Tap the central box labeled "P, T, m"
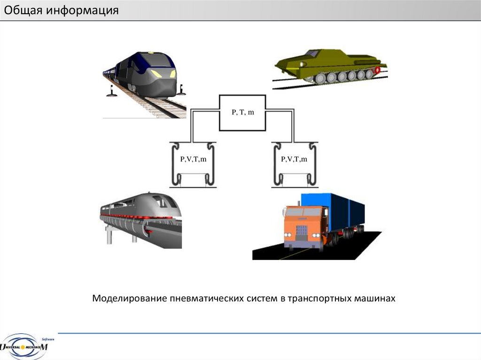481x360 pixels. tap(242, 113)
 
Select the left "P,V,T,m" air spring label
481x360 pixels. tap(193, 160)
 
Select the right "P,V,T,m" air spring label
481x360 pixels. tap(294, 160)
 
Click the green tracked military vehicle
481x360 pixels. tap(329, 66)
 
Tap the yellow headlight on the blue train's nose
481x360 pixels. tap(156, 74)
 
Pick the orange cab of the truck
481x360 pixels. tap(303, 225)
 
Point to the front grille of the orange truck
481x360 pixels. tap(301, 232)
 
